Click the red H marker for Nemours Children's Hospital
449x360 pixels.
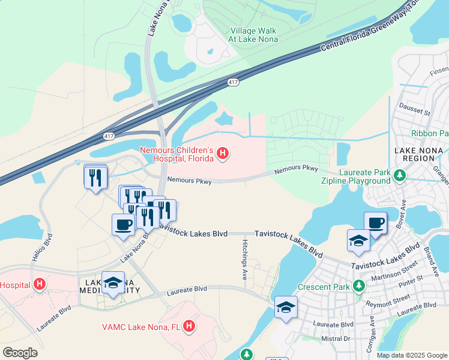pos(223,154)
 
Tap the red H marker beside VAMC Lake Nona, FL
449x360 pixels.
pos(189,326)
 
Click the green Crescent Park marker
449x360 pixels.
pos(359,287)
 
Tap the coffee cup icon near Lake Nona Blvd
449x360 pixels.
pos(123,225)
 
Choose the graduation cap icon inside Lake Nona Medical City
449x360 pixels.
pos(112,283)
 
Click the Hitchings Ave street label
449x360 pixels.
pos(245,258)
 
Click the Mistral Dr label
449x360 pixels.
pos(336,338)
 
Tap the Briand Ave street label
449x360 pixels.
pos(430,256)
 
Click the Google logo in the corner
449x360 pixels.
pos(20,353)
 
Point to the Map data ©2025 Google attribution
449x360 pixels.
pos(411,355)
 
